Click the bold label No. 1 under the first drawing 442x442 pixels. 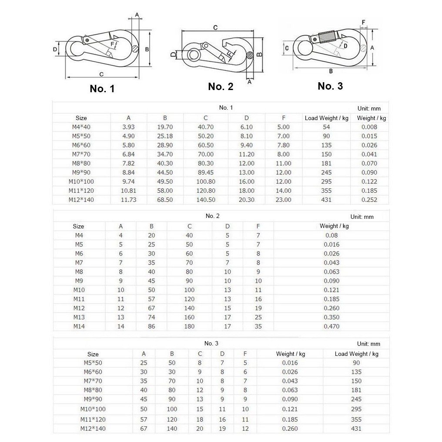click(102, 89)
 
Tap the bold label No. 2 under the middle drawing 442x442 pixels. click(221, 87)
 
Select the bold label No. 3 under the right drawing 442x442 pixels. click(330, 86)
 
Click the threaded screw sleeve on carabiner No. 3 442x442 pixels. click(328, 36)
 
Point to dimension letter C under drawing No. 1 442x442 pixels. click(101, 74)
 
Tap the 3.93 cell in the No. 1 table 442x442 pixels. click(128, 127)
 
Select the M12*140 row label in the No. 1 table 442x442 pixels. click(81, 200)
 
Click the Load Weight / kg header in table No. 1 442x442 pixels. click(327, 118)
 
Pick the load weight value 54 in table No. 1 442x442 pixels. click(326, 127)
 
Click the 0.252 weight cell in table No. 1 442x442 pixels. click(369, 200)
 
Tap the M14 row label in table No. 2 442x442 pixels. click(78, 326)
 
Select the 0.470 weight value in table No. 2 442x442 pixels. click(331, 326)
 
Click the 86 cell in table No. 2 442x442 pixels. click(151, 326)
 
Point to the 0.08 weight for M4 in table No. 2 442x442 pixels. click(331, 235)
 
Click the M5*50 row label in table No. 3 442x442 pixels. click(93, 363)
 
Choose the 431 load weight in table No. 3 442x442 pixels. click(356, 429)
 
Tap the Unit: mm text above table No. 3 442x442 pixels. click(368, 344)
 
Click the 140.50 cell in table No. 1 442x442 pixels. click(206, 200)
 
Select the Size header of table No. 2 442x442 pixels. click(78, 226)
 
